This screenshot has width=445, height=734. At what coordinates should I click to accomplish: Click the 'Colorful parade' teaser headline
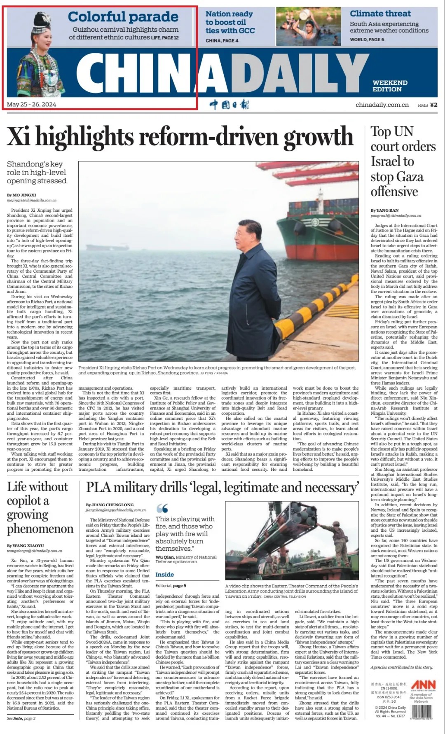(123, 17)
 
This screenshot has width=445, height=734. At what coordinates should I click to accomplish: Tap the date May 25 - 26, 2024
(31, 105)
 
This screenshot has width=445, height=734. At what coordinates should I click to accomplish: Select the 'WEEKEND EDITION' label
(389, 86)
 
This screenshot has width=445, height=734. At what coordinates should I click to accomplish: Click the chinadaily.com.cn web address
(382, 105)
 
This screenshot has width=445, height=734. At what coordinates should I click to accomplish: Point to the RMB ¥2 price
(427, 105)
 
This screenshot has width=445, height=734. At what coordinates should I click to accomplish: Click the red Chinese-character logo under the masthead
(229, 104)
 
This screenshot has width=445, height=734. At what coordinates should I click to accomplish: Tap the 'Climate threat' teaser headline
(380, 14)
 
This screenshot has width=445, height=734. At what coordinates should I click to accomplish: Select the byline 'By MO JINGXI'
(21, 195)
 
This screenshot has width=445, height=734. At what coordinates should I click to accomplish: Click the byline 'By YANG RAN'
(384, 210)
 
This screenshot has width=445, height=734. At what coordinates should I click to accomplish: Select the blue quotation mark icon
(162, 508)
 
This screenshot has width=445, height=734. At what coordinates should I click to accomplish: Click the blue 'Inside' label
(164, 575)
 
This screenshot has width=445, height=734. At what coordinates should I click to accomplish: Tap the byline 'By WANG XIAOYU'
(25, 546)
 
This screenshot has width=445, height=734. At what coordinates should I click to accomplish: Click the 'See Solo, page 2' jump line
(21, 719)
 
